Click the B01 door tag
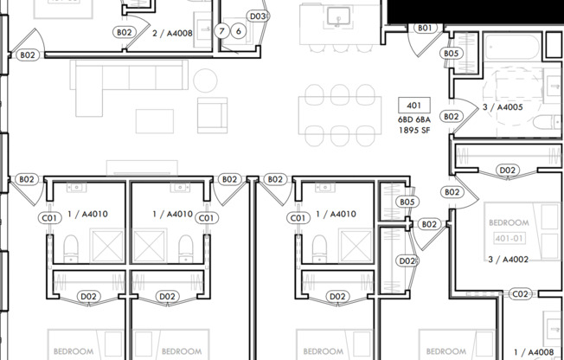pyautogui.click(x=424, y=29)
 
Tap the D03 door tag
pyautogui.click(x=257, y=16)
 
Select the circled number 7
pyautogui.click(x=222, y=31)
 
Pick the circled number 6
pyautogui.click(x=238, y=31)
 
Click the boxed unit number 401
pyautogui.click(x=413, y=105)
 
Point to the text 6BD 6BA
pyautogui.click(x=413, y=119)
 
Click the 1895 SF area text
pyautogui.click(x=413, y=131)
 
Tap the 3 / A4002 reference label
pyautogui.click(x=508, y=259)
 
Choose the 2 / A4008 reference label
pyautogui.click(x=172, y=33)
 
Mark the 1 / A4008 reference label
pyautogui.click(x=533, y=352)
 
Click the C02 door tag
pyautogui.click(x=520, y=294)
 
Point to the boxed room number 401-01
pyautogui.click(x=509, y=237)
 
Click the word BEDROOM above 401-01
pyautogui.click(x=509, y=223)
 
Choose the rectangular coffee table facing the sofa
pyautogui.click(x=154, y=120)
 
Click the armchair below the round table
pyautogui.click(x=213, y=114)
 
